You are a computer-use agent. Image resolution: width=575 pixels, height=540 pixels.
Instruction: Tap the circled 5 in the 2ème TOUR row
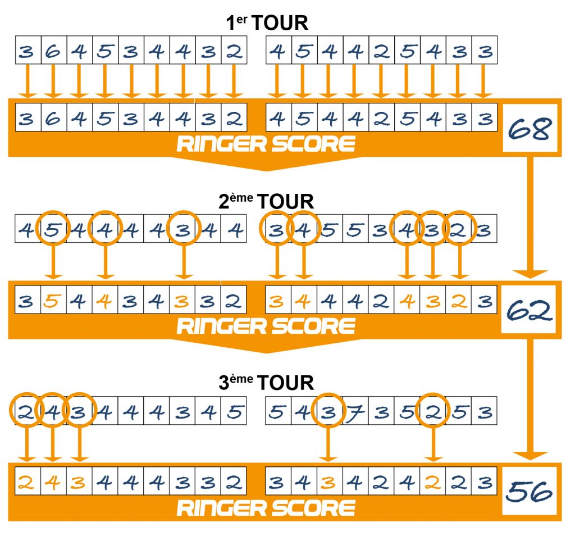(53, 230)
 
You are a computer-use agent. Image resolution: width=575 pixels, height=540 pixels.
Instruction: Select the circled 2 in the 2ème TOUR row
(459, 230)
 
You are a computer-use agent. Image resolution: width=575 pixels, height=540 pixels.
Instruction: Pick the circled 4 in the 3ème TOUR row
(53, 413)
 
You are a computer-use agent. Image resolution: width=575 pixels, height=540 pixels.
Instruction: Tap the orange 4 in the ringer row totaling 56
(53, 483)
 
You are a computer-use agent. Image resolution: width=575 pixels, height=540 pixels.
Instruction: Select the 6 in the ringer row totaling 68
(53, 119)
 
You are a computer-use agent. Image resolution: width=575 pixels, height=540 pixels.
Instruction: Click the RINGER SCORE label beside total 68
(266, 144)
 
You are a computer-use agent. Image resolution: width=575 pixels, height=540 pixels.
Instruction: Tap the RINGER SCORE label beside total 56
(266, 507)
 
